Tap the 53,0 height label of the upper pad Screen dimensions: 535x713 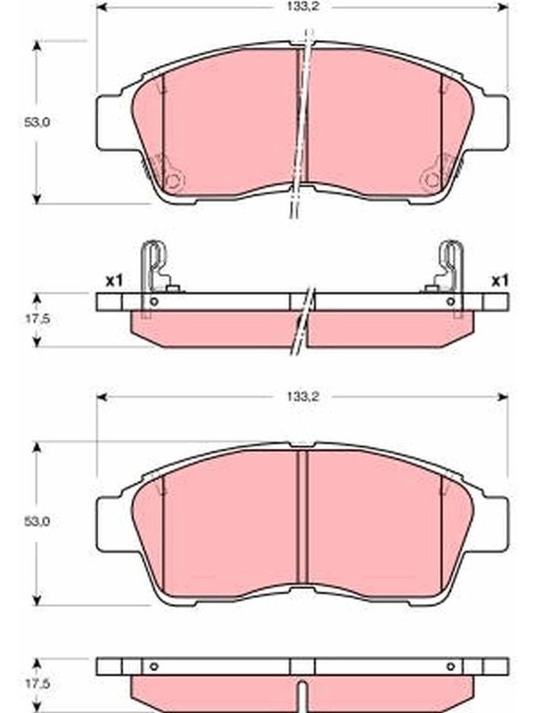pos(37,122)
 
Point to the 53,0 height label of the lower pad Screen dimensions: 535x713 pos(37,521)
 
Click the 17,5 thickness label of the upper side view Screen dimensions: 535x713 pos(37,319)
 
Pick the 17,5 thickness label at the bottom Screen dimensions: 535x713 pos(37,684)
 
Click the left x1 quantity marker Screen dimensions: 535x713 pos(114,282)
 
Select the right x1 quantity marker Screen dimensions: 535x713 pos(500,282)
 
